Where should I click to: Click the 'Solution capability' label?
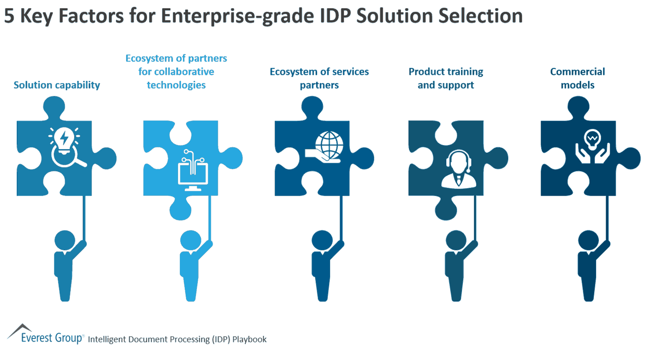pos(57,85)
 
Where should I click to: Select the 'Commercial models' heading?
pos(577,78)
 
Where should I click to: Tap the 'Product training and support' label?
pos(445,78)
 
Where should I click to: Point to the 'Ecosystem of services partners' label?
pos(319,78)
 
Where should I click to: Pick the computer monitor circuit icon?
pos(191,171)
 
